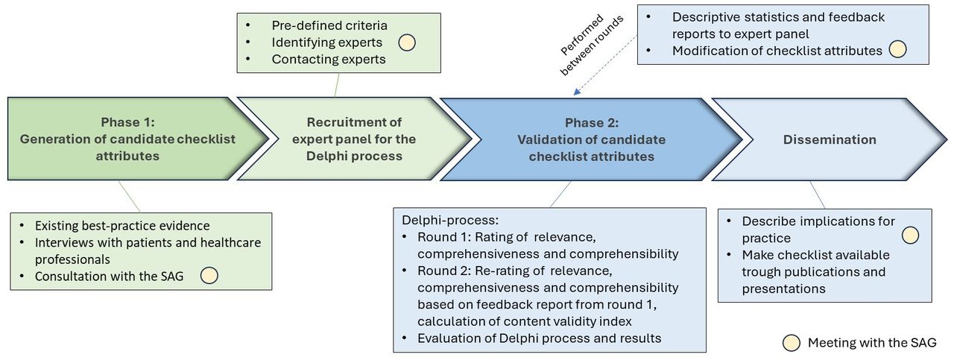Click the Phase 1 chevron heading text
[127, 122]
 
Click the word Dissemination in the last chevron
[830, 139]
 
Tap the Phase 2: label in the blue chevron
[592, 123]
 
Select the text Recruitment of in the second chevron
[354, 122]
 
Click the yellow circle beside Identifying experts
[407, 42]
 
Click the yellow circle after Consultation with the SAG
[209, 275]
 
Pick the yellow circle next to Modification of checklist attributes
[897, 49]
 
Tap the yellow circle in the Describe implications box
[910, 236]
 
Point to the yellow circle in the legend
[792, 343]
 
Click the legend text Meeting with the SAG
[872, 343]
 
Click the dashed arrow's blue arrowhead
[577, 92]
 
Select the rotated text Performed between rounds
[591, 44]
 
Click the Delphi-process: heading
[450, 221]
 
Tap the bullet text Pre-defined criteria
[329, 25]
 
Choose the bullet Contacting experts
[329, 59]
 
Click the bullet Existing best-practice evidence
[122, 225]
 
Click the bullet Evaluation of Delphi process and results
[539, 338]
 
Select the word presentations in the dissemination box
[783, 289]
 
